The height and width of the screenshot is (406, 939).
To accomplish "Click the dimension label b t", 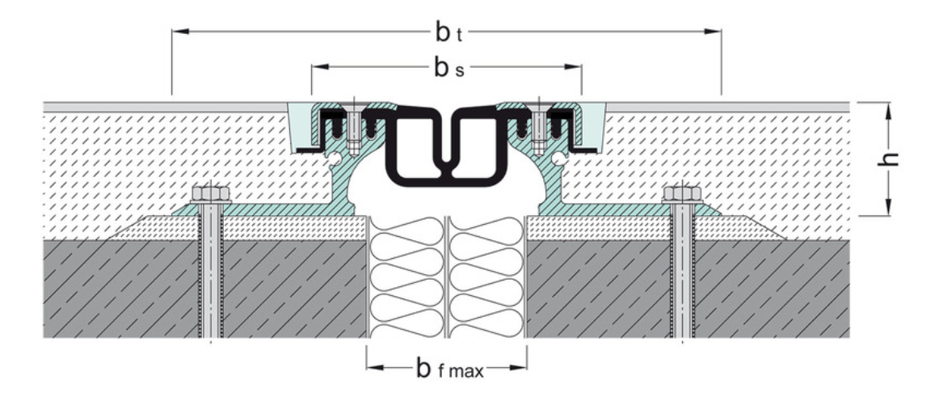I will point(446,32).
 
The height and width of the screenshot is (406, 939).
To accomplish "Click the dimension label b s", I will point(447,68).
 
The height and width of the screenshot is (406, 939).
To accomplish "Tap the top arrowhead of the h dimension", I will point(889,108).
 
